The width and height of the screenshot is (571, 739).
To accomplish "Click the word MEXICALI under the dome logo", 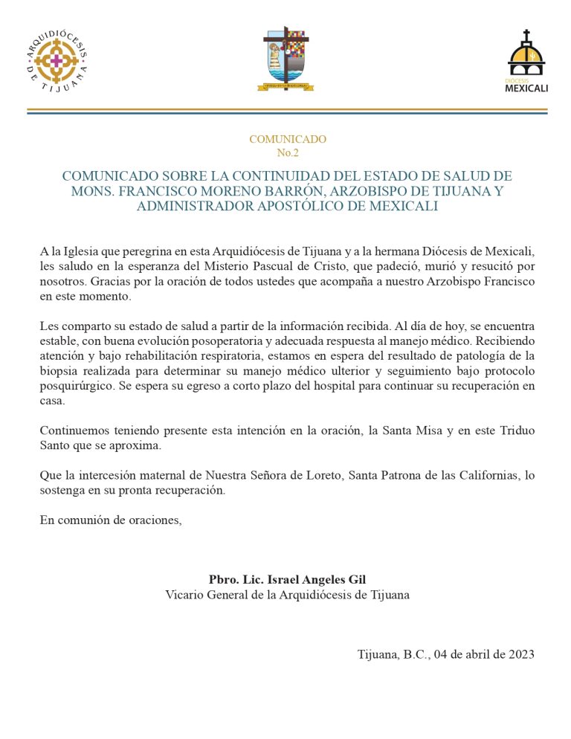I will coord(526,88).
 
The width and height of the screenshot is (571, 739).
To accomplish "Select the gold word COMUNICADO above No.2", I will coord(287,139).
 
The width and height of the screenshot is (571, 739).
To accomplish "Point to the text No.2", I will coord(287,153).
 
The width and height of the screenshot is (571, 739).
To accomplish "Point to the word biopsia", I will coord(60,372).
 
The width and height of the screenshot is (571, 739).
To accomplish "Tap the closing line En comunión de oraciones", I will coord(111,520).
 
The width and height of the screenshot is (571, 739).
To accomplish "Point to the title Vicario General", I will coord(204,595).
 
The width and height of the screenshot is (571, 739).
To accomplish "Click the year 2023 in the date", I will coord(517,655).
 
